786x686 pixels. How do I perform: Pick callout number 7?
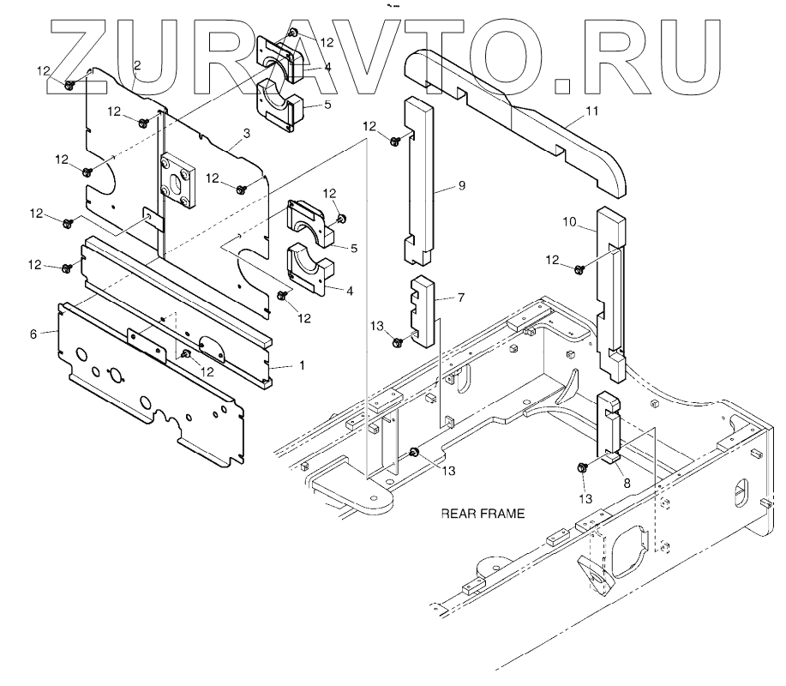(460, 297)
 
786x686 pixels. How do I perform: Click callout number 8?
(627, 483)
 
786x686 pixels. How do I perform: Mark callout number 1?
(300, 365)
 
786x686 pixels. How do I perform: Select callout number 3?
(246, 133)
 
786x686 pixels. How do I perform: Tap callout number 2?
(137, 65)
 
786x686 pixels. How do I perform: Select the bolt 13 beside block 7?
(398, 342)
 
